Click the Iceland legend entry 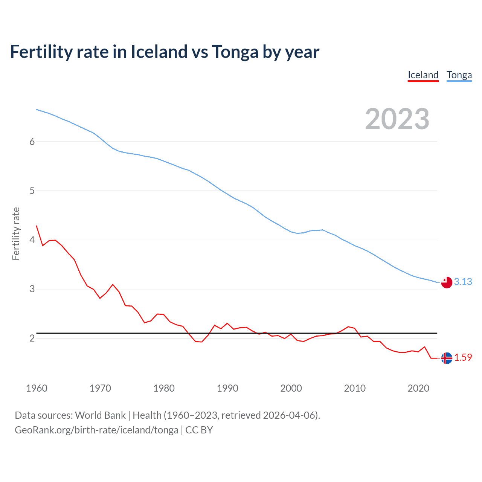pos(423,75)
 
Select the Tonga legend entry pos(459,75)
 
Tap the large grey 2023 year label pos(397,119)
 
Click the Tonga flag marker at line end pos(447,282)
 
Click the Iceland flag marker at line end pos(447,358)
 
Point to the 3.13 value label pos(463,282)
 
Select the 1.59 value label pos(463,357)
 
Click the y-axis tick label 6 pos(32,142)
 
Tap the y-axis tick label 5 pos(32,191)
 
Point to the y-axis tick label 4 pos(32,240)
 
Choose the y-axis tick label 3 pos(32,289)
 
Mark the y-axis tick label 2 pos(32,338)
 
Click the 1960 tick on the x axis pos(37,388)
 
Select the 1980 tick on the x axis pos(164,388)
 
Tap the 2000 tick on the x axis pos(291,388)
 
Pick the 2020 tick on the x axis pos(418,388)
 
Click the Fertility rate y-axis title pos(16,233)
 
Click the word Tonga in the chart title pos(235,52)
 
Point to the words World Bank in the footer pos(100,415)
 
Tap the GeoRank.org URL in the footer pos(96,430)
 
